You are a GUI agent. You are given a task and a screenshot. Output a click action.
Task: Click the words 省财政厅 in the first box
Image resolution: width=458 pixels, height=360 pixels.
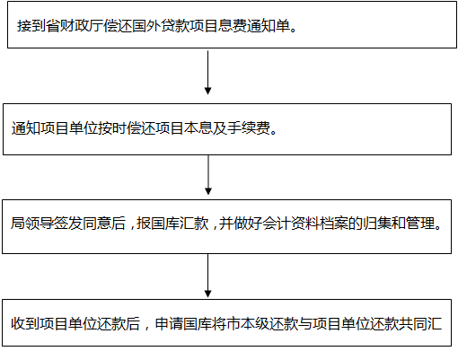pos(75,26)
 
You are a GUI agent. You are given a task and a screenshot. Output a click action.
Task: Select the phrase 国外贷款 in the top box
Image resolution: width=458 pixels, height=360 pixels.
pos(161,26)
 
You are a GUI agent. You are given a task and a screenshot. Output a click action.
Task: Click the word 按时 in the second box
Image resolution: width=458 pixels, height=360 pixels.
pos(112,128)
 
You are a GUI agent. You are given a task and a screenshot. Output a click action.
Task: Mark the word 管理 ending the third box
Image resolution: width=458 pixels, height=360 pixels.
pos(420,224)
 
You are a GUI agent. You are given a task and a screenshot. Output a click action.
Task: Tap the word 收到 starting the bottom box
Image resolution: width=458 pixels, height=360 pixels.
pos(25,323)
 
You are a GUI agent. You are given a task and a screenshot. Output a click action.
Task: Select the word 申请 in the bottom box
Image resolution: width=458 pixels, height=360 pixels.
pos(169,323)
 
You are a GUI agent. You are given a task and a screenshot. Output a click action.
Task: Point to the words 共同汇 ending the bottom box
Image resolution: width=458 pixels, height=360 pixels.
pos(420,323)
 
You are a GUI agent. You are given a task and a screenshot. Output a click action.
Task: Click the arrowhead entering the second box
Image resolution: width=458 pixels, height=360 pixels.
pos(207,91)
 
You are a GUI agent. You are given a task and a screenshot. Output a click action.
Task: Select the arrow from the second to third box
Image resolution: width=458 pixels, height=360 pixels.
pos(208,175)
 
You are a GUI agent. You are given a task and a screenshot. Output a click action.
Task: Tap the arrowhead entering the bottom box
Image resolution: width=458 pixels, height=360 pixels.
pos(207,294)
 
